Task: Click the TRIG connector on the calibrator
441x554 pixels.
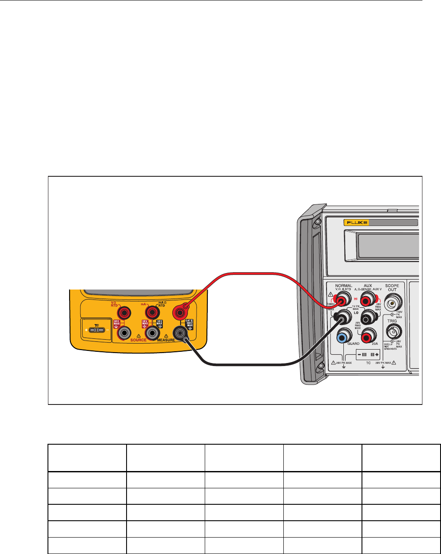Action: pyautogui.click(x=392, y=331)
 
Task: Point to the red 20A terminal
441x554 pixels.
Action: pyautogui.click(x=368, y=335)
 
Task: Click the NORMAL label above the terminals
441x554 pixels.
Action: pyautogui.click(x=343, y=286)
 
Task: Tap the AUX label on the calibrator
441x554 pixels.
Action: pyautogui.click(x=368, y=286)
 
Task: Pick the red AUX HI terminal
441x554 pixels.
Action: pyautogui.click(x=368, y=298)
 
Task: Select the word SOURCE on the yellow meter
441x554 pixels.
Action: pyautogui.click(x=138, y=340)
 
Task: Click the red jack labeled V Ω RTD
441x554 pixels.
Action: pyautogui.click(x=126, y=312)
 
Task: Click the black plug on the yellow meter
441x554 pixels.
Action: pyautogui.click(x=179, y=333)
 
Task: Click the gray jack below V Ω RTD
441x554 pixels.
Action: pyautogui.click(x=126, y=333)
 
